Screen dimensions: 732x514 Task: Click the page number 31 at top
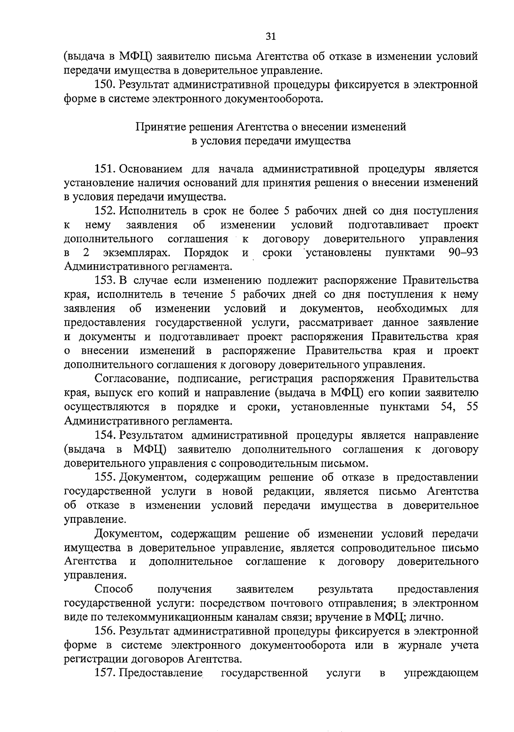pos(270,36)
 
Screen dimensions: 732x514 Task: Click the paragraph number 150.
pos(104,85)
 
